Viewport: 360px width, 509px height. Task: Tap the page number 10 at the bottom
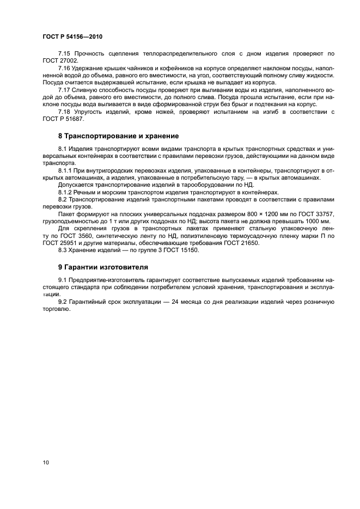(46, 462)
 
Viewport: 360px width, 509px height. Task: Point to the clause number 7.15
(65, 53)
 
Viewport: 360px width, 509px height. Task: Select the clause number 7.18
(65, 111)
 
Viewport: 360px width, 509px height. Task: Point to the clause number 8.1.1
(66, 170)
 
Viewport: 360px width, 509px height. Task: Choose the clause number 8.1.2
(66, 192)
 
